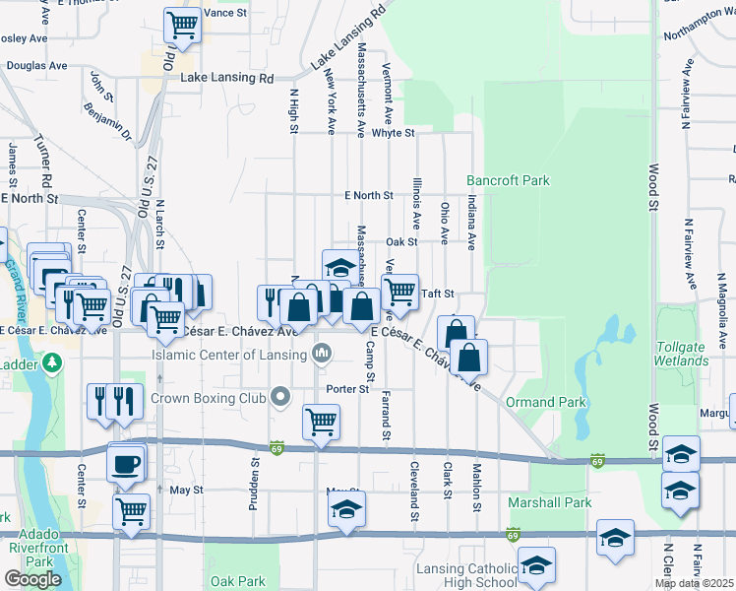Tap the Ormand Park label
[x=545, y=402]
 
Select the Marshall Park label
[x=549, y=502]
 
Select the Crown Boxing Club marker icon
[x=281, y=398]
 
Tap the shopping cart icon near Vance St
[x=181, y=23]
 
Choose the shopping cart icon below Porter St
[x=322, y=422]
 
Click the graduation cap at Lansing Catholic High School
[x=536, y=565]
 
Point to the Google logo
[x=32, y=579]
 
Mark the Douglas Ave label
[x=36, y=66]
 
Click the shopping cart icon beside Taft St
[x=399, y=292]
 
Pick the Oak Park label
[x=238, y=581]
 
